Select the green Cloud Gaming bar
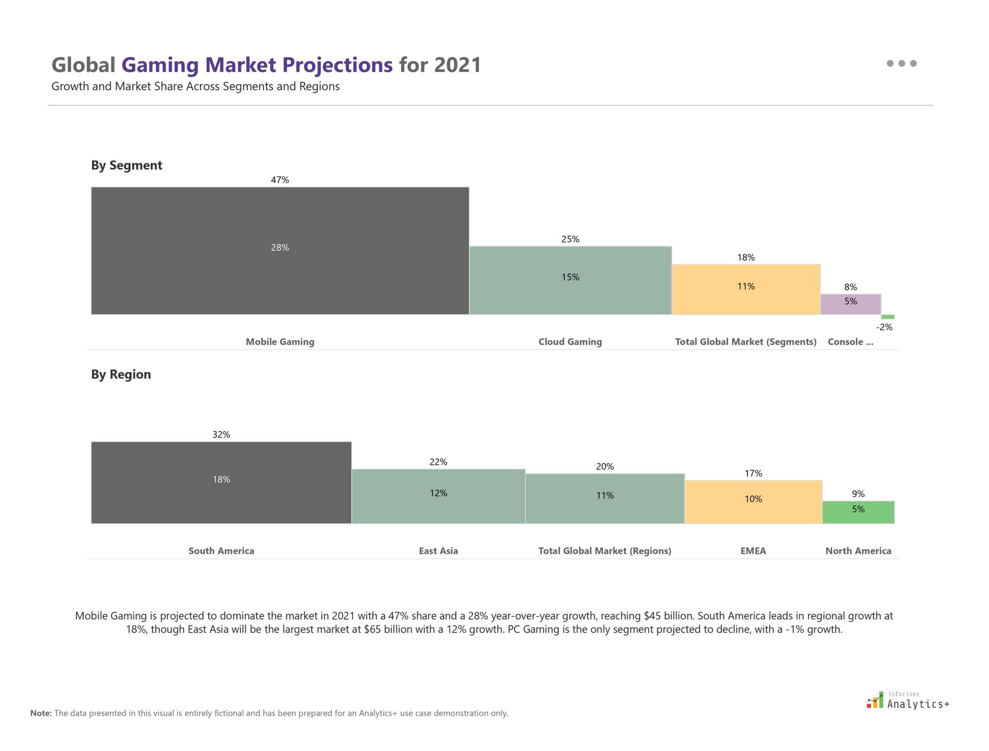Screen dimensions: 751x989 570,295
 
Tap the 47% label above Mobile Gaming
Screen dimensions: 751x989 280,180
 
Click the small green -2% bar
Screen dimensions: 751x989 887,317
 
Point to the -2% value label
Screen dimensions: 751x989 884,327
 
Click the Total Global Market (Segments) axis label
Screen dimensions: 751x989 745,342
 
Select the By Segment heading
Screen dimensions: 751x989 127,165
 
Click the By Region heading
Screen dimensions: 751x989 121,374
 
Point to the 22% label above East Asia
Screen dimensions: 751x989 438,462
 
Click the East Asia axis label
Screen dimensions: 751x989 438,551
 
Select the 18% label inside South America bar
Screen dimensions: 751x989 221,479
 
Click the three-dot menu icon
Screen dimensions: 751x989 901,63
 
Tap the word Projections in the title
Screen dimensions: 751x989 337,65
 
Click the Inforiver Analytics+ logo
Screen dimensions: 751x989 907,700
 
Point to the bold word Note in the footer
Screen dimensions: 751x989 41,713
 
